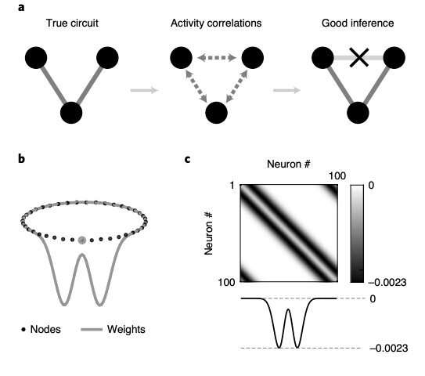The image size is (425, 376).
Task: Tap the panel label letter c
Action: [x=189, y=160]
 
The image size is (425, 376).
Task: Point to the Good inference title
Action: [x=358, y=25]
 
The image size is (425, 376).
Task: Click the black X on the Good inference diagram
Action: [x=358, y=57]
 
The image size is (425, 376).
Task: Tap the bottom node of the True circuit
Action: [x=71, y=112]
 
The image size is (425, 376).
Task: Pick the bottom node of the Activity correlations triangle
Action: [x=215, y=112]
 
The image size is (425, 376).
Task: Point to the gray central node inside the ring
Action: [x=82, y=239]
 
